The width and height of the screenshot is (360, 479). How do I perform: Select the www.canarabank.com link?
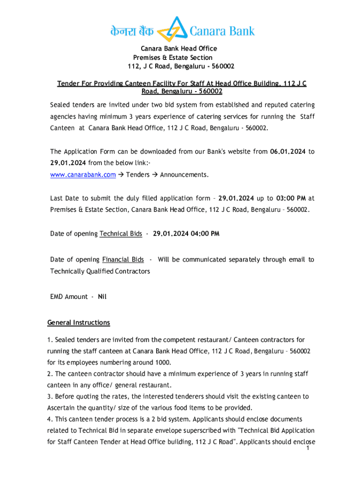83,175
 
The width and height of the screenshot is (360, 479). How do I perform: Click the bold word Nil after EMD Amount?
102,297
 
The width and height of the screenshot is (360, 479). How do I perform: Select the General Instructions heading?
79,323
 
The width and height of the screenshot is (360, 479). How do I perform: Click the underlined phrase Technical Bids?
121,233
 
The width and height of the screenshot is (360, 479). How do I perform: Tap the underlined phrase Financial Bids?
123,259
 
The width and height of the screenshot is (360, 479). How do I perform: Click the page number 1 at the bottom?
308,449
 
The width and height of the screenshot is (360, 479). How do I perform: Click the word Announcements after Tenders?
184,175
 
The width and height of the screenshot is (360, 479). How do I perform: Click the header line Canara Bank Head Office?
179,49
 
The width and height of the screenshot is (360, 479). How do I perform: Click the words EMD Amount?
69,297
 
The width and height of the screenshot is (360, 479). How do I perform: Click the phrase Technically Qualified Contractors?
100,271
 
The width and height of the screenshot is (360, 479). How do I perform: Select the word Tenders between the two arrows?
138,175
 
